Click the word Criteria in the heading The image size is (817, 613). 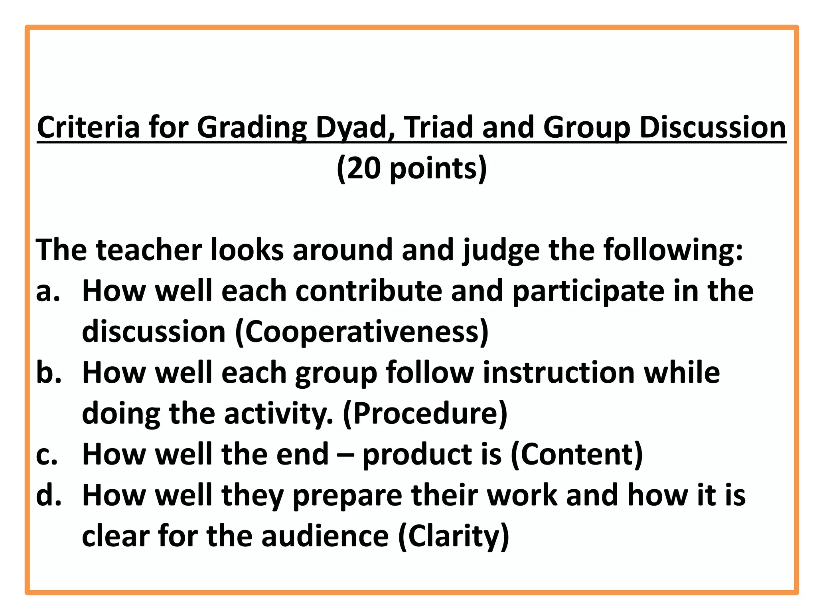(88, 127)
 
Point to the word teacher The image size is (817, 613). (148, 250)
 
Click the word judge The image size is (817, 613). (501, 250)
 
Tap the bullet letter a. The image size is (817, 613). (47, 291)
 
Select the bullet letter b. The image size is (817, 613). (48, 372)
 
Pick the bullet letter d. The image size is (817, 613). (48, 495)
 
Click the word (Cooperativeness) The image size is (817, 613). (361, 332)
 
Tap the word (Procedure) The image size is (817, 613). (425, 413)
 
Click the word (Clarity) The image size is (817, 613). (454, 536)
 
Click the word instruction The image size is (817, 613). (559, 372)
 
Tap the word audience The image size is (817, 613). (325, 536)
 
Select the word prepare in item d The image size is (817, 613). (347, 495)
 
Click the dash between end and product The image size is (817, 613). (345, 455)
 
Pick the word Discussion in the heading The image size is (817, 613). (712, 127)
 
